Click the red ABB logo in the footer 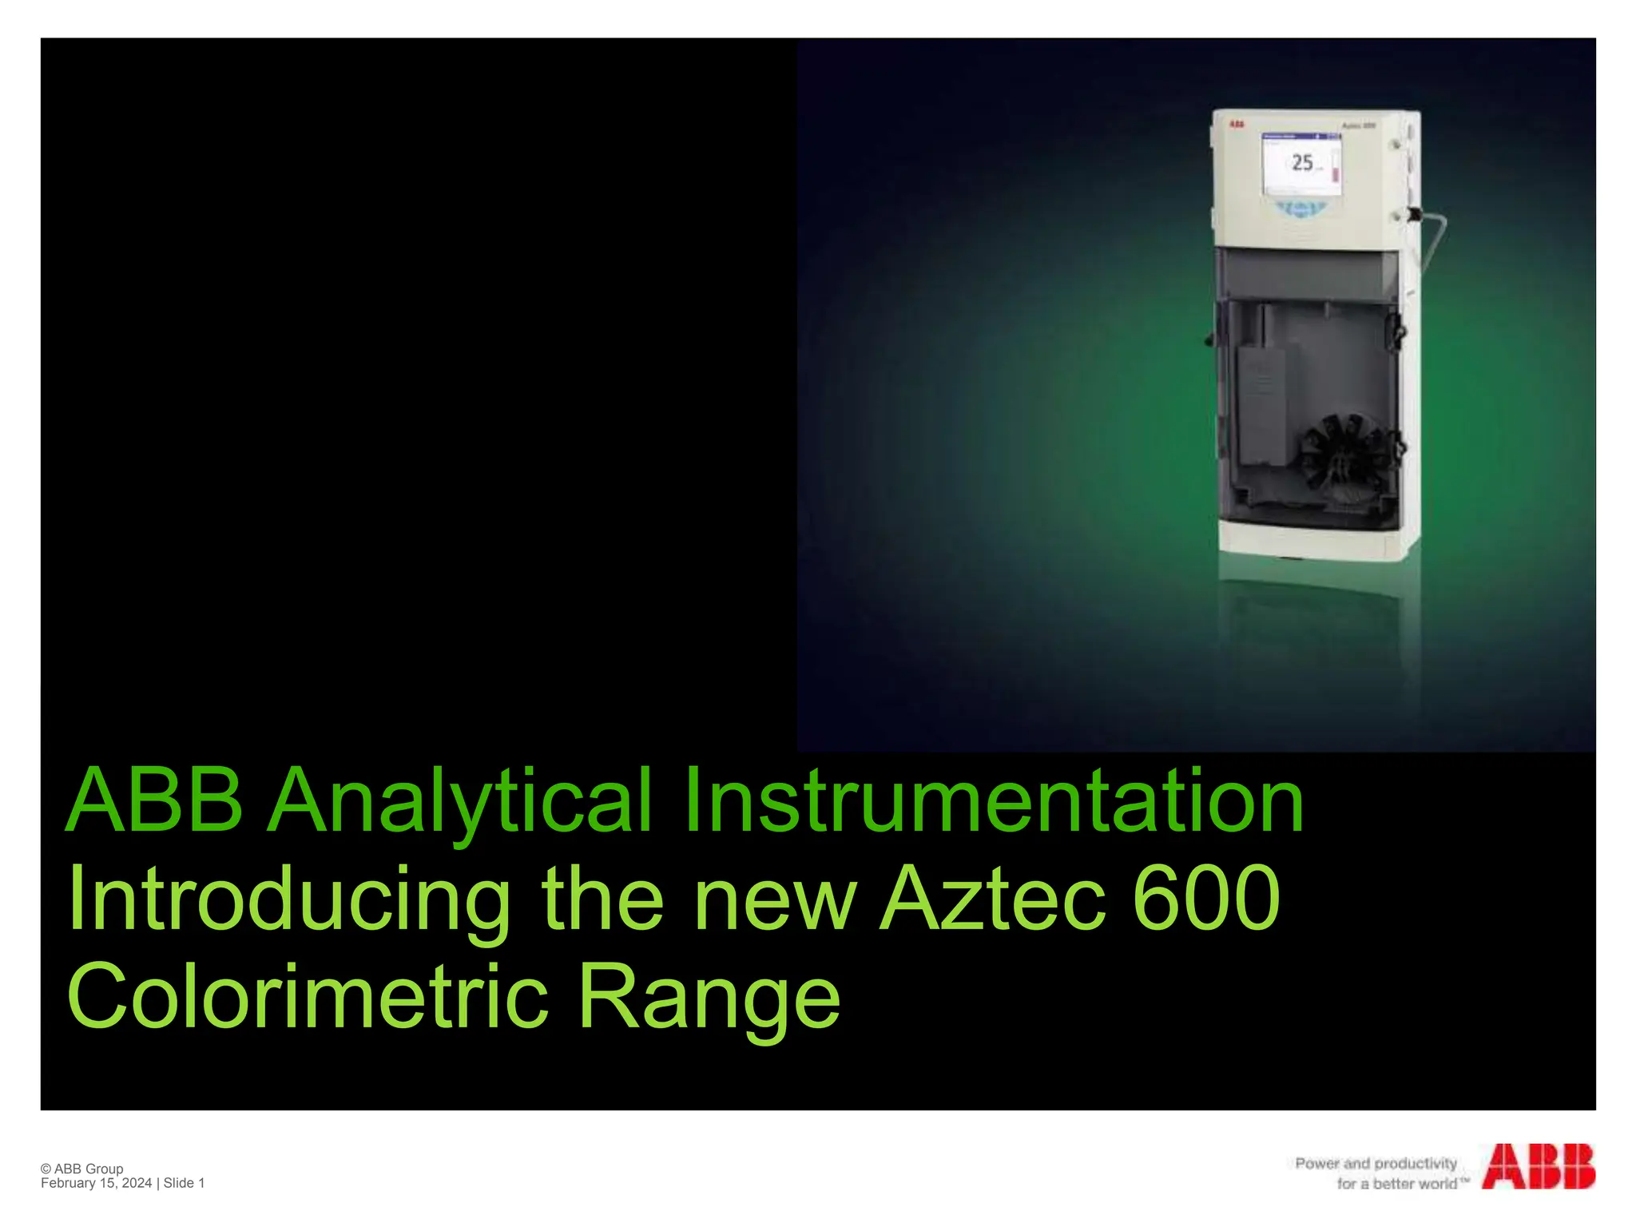(x=1539, y=1167)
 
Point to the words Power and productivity (x=1376, y=1163)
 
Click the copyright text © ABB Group (x=82, y=1169)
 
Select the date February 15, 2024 (x=96, y=1183)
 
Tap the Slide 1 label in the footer (x=185, y=1183)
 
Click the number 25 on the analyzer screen (x=1302, y=163)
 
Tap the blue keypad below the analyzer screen (x=1302, y=209)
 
